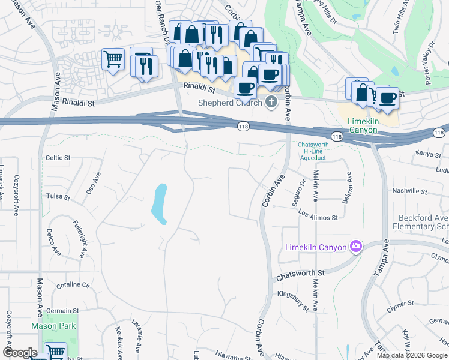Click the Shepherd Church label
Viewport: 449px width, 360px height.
coord(230,103)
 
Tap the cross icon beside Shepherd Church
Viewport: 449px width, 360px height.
coord(271,102)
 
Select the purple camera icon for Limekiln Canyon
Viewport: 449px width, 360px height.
coord(357,247)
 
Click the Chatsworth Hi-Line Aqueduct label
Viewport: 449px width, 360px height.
coord(312,151)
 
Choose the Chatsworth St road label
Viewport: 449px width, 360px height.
coord(300,273)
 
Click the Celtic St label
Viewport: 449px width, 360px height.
coord(58,158)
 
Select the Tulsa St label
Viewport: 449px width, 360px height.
coord(58,196)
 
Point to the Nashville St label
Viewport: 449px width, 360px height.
coord(409,193)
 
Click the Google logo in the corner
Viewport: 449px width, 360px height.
coord(20,353)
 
